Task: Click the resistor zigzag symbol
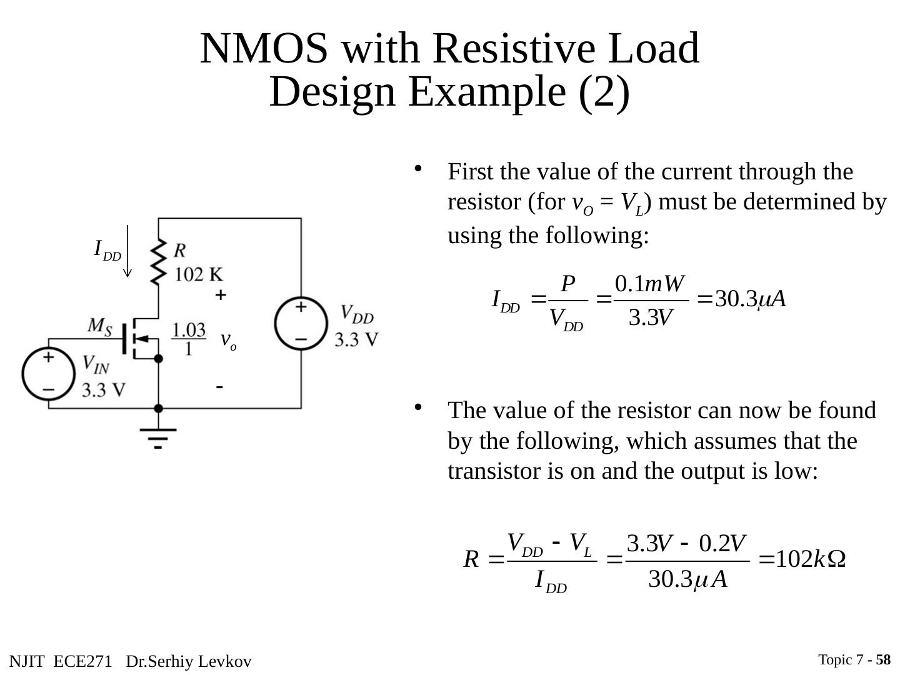[159, 262]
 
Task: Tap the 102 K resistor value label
[199, 274]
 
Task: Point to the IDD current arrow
[127, 251]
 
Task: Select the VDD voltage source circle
[301, 323]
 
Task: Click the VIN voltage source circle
[49, 374]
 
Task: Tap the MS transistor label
[99, 327]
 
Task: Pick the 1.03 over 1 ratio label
[189, 339]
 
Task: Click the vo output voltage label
[228, 341]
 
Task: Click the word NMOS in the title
[264, 48]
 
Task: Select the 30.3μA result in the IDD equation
[751, 299]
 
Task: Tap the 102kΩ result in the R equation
[810, 559]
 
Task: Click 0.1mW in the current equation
[650, 284]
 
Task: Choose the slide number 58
[883, 659]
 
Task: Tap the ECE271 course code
[82, 661]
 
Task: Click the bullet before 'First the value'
[418, 169]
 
